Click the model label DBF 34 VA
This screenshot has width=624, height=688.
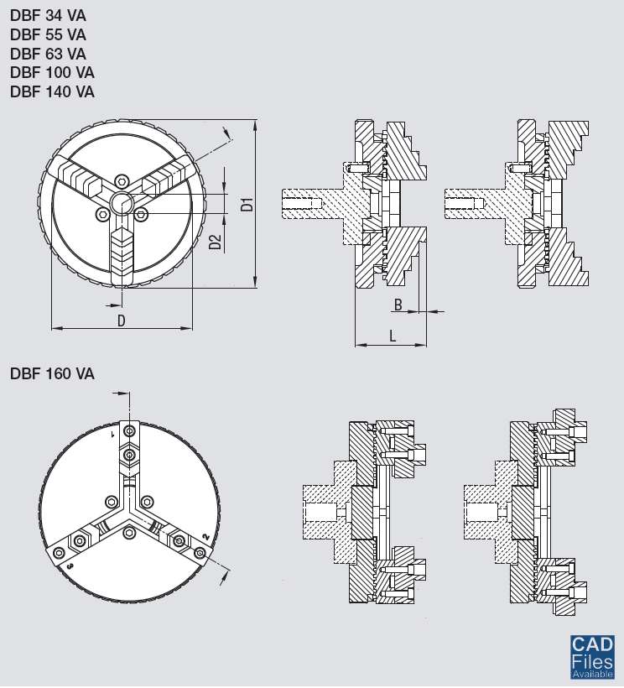click(x=48, y=14)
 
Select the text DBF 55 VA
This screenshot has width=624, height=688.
click(x=48, y=34)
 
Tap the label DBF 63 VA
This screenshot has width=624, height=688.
click(x=48, y=54)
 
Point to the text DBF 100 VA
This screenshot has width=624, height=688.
click(x=52, y=73)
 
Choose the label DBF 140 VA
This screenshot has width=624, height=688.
click(x=52, y=92)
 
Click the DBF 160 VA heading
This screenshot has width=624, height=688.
click(x=52, y=374)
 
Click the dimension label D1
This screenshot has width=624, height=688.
click(x=246, y=203)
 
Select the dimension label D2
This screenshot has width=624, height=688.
click(x=216, y=242)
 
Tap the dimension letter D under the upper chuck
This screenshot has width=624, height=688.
click(x=121, y=320)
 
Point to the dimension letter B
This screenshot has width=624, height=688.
click(x=398, y=304)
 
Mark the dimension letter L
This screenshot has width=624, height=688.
click(x=393, y=336)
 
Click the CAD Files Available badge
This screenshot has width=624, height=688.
click(x=593, y=657)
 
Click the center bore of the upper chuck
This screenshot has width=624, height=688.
click(x=122, y=202)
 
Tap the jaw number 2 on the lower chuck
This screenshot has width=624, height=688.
click(x=205, y=537)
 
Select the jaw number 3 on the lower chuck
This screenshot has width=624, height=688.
click(x=70, y=567)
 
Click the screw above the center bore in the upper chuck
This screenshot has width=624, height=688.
click(x=122, y=180)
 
